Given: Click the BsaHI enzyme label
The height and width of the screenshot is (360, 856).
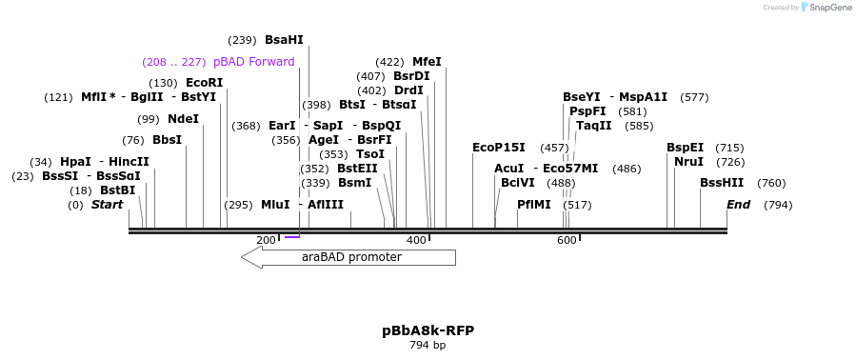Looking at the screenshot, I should (x=284, y=40).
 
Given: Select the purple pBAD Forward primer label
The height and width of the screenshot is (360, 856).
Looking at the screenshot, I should (x=253, y=62).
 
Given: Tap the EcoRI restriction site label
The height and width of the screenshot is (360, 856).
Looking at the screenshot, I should (x=204, y=83).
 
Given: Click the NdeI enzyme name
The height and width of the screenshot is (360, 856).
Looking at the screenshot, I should (x=183, y=119).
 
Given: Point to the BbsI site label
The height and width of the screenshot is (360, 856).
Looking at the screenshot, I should (x=167, y=140).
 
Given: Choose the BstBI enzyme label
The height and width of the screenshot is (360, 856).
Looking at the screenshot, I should (x=117, y=190).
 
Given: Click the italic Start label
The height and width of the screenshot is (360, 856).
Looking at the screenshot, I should (x=107, y=205).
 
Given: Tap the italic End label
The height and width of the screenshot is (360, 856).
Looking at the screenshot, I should (x=738, y=205).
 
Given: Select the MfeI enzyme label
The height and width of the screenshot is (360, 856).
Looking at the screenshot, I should (x=427, y=62).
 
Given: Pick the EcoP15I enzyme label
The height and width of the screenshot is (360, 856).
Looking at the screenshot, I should (x=498, y=148).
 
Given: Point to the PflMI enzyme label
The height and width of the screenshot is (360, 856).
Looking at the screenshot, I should (x=533, y=205).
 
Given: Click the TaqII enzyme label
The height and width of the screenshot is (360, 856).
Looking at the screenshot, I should (x=593, y=126).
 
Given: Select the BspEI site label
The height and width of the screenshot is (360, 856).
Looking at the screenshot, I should (x=685, y=148).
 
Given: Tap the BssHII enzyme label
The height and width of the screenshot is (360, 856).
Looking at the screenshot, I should (x=722, y=183).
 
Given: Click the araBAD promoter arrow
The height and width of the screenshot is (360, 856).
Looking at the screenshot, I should (x=348, y=257).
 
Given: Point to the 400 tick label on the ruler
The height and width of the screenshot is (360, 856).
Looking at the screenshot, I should (x=416, y=240).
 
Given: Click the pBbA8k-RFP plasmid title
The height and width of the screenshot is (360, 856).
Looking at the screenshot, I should (x=428, y=330).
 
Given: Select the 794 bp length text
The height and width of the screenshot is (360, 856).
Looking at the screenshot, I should (x=428, y=345).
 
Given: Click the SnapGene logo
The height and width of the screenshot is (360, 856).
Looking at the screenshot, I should (x=826, y=8).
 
